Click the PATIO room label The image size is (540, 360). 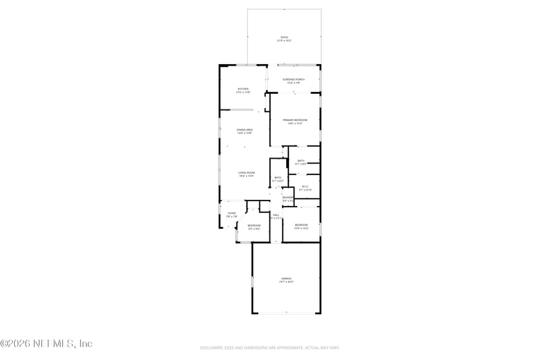click(x=284, y=37)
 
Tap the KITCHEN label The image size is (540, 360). click(x=243, y=89)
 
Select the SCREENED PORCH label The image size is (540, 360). click(x=294, y=80)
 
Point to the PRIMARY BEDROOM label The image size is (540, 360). click(x=294, y=120)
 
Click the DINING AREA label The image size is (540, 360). click(x=244, y=129)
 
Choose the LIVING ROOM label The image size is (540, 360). click(x=246, y=173)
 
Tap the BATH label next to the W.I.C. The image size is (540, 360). click(x=301, y=160)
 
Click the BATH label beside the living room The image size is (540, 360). click(x=277, y=177)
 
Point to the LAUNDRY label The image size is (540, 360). click(x=288, y=197)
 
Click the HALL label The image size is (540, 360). click(x=276, y=214)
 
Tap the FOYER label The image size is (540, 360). click(x=232, y=213)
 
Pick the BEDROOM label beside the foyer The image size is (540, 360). click(x=254, y=225)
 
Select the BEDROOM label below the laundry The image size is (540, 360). click(x=301, y=224)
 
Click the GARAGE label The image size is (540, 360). click(x=287, y=278)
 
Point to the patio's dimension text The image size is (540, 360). click(x=284, y=41)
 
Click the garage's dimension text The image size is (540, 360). click(x=287, y=282)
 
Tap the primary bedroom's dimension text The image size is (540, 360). click(x=294, y=124)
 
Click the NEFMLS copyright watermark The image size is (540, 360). click(x=47, y=344)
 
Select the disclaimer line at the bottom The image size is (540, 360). click(x=269, y=348)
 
